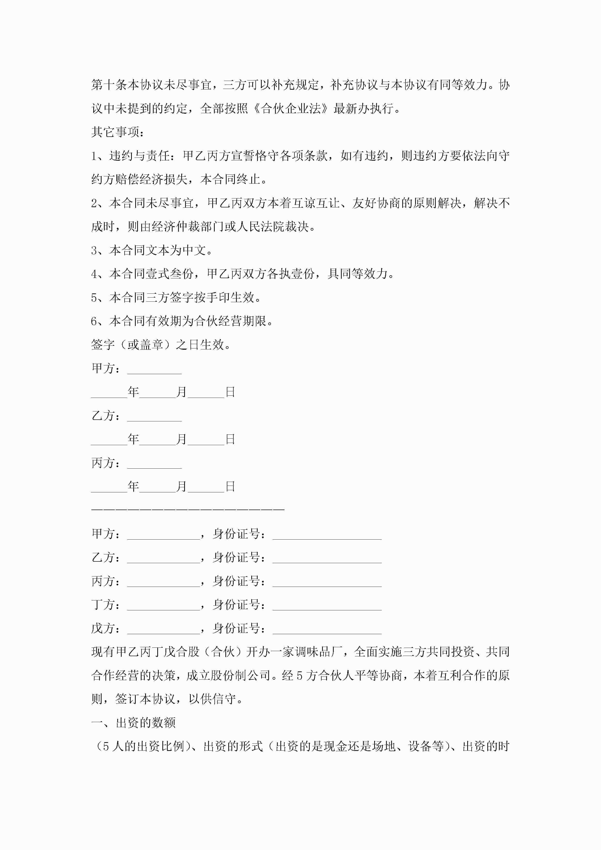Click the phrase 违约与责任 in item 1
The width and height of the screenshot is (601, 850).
139,156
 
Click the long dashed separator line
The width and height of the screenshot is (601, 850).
188,510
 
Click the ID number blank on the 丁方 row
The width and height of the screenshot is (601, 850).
327,606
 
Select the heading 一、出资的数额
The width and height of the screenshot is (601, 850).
133,723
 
